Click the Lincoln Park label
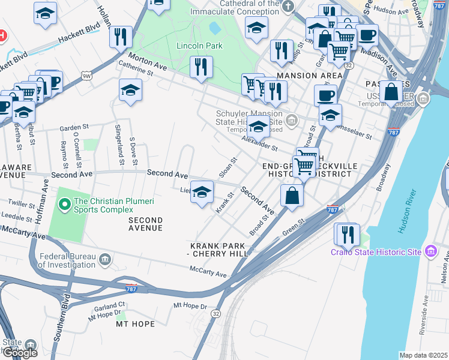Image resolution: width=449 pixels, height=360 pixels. coord(199,46)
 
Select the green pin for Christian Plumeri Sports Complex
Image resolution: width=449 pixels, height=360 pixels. coord(65,205)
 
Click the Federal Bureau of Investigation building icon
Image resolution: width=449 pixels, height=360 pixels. coord(105,259)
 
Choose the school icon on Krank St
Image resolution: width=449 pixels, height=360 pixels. coord(202,191)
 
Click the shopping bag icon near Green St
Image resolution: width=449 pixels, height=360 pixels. coord(292,196)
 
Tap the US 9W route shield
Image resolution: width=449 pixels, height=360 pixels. coord(87,76)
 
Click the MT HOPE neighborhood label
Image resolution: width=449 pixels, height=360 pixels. coord(135,324)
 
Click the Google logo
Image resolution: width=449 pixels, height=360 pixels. coord(20,353)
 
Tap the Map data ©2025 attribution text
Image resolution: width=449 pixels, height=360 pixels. coord(423,355)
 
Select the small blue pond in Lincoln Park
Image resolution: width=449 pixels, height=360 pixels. coord(214,28)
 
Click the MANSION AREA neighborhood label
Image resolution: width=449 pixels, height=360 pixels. coord(309,76)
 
